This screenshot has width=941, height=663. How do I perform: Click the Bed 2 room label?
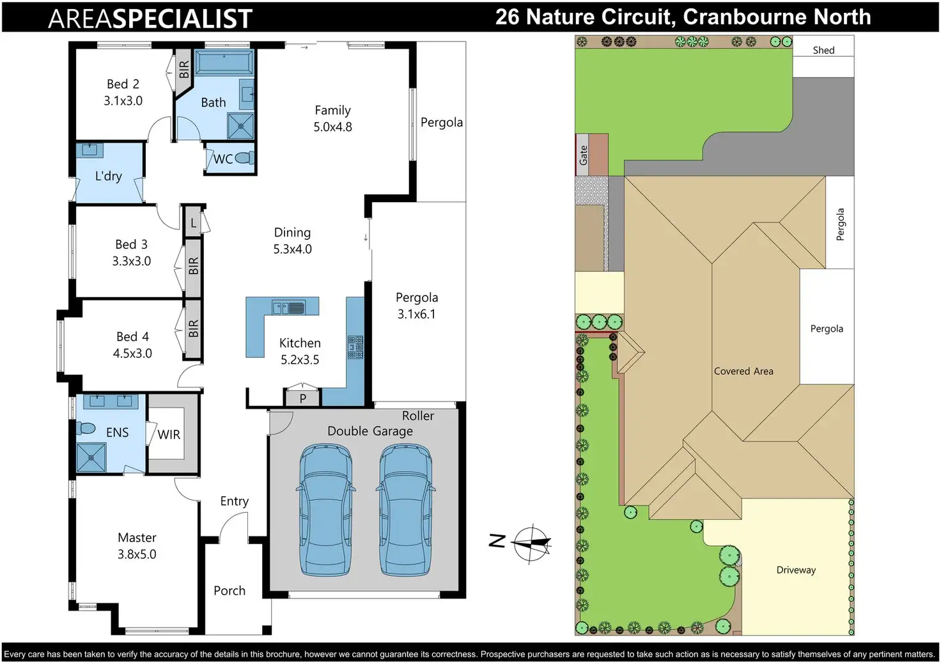click(123, 84)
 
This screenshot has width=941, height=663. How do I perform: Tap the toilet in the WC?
click(244, 158)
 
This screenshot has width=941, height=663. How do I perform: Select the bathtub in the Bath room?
click(224, 63)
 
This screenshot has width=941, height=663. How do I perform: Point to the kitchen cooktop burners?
click(355, 347)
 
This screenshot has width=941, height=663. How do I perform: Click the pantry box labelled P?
click(302, 398)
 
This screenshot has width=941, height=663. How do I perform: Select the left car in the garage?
click(325, 510)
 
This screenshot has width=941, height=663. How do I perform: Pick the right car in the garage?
click(405, 510)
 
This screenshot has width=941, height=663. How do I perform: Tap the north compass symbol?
click(531, 543)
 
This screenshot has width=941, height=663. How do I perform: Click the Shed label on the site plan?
click(823, 50)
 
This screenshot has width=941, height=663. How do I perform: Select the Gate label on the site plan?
click(583, 155)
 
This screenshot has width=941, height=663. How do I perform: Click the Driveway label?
click(796, 570)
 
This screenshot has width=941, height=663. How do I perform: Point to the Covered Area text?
click(743, 371)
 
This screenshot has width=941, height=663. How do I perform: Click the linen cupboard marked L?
click(193, 223)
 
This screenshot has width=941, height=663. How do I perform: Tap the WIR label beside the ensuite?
click(169, 435)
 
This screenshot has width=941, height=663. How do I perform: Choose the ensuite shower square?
click(91, 457)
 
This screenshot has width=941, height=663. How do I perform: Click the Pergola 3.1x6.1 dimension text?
click(416, 314)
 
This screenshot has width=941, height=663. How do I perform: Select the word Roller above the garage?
click(417, 416)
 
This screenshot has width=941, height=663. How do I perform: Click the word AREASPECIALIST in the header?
click(150, 19)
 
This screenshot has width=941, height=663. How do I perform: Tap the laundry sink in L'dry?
click(90, 151)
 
